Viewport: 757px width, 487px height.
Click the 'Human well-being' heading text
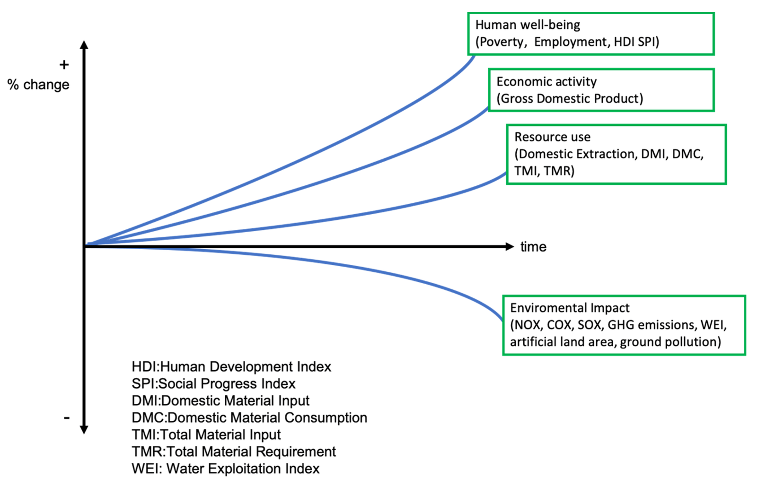528,25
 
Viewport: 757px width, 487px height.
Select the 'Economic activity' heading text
546,82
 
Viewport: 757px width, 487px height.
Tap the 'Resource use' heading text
553,137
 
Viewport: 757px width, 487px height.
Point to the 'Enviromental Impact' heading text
570,308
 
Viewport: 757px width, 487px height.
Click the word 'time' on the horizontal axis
533,247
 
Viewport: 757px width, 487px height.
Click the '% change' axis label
38,85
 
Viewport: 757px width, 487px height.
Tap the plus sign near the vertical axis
64,64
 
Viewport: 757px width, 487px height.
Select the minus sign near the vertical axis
67,418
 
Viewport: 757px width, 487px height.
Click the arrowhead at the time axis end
510,246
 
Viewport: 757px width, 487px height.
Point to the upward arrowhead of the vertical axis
84,45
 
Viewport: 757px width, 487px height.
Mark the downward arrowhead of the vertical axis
84,430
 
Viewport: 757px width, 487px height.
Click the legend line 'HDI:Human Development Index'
231,367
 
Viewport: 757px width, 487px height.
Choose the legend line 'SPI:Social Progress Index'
213,383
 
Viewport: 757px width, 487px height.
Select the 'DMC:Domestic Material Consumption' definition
249,418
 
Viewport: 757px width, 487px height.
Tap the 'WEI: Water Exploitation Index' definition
226,469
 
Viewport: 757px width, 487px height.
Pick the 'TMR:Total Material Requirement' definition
234,452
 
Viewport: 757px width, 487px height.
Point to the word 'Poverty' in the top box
502,42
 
